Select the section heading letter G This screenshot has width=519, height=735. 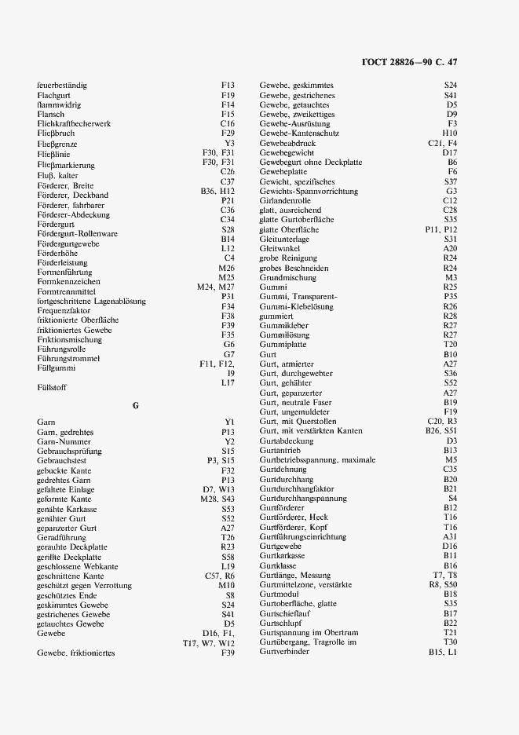click(135, 405)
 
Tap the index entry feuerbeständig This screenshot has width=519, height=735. click(62, 85)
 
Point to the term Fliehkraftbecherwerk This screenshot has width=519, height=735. click(74, 123)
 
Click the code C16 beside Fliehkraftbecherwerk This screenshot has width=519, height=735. click(228, 123)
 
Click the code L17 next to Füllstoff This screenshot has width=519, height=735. click(228, 382)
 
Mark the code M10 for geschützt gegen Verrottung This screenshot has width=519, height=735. click(227, 585)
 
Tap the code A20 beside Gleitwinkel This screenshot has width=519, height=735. click(450, 248)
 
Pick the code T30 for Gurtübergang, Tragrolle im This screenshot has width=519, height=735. click(450, 642)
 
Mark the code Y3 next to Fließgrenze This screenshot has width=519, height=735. click(229, 143)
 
